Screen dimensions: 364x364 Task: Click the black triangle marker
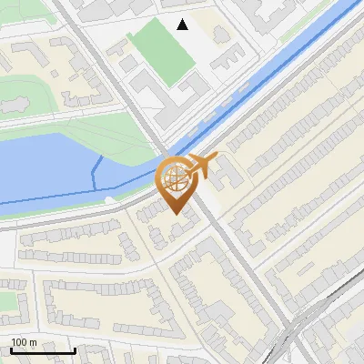coord(183,25)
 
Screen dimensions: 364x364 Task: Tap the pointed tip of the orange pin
coord(176,215)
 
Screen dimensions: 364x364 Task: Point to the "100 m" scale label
coord(25,342)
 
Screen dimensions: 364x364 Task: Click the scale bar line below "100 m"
coord(42,350)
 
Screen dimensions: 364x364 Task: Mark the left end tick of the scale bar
coord(11,349)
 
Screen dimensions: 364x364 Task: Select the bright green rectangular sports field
coord(161,50)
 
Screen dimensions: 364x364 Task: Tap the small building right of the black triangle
coord(221,34)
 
